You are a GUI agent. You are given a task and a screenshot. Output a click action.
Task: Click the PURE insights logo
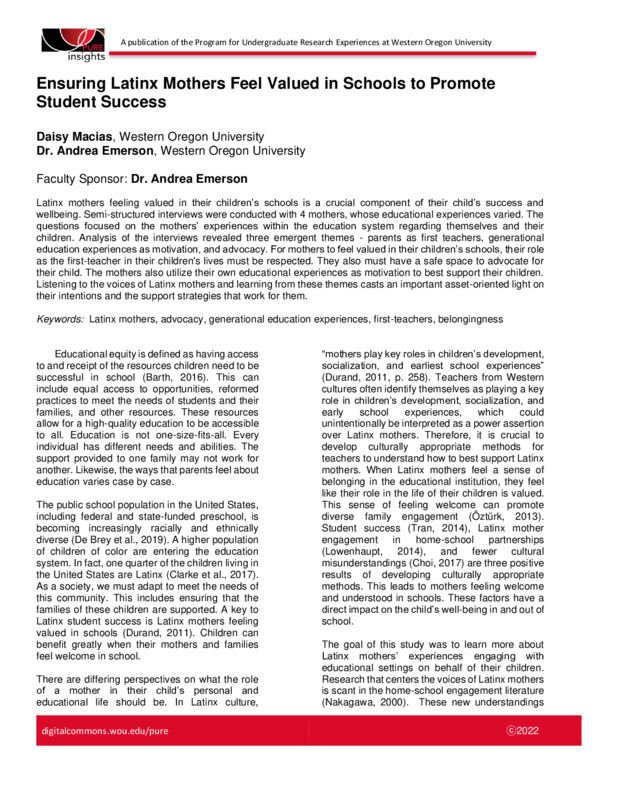click(71, 43)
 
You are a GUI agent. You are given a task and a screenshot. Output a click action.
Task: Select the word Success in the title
click(122, 102)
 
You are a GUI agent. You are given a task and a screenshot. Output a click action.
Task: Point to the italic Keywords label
click(59, 318)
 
